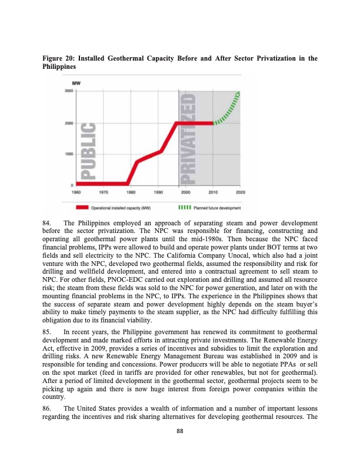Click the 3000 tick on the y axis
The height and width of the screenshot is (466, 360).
tap(69, 92)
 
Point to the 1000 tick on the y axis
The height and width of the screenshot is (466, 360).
tap(69, 154)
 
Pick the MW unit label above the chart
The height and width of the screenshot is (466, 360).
tap(76, 83)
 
